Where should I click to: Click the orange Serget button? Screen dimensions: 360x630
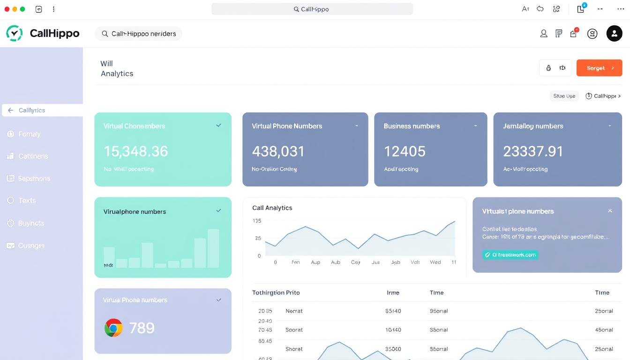599,68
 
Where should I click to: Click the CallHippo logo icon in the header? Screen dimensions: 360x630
14,33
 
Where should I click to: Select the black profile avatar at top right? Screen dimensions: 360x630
614,33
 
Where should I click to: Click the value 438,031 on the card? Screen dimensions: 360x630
278,151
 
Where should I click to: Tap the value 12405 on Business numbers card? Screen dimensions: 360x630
405,151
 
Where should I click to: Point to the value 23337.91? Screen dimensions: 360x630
532,151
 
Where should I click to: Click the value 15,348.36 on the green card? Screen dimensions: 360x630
135,151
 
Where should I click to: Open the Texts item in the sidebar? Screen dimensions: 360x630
27,201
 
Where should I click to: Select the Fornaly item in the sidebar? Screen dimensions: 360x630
29,134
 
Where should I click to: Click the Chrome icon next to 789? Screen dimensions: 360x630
113,328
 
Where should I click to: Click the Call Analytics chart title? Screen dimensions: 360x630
272,208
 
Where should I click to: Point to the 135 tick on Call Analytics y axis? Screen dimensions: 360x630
256,221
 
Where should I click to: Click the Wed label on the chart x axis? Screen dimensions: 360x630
435,262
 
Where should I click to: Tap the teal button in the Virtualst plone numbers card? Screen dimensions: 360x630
510,255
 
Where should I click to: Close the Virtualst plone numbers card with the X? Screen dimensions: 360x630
610,211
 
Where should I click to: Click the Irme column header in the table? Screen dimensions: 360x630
393,292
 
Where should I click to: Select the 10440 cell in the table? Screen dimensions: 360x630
393,330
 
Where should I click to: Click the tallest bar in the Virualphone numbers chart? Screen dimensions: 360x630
213,248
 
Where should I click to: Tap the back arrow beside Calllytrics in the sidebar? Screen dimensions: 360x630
10,110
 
